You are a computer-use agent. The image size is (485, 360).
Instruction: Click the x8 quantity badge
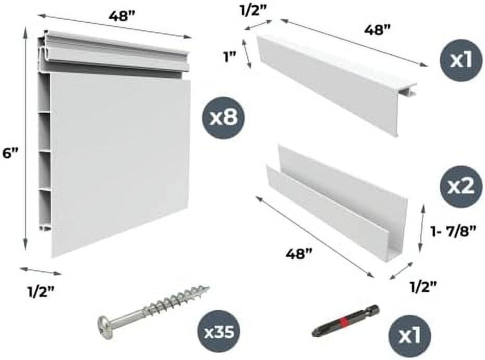click(223, 117)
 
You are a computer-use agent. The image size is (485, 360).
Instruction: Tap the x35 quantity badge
click(220, 333)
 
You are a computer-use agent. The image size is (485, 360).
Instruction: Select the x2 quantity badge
click(461, 187)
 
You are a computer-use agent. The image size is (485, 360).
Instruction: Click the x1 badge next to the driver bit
click(409, 336)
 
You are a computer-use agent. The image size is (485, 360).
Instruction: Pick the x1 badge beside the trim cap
click(461, 60)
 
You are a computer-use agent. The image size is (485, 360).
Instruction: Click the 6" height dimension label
click(10, 154)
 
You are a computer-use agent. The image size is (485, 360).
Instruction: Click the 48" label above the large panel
click(123, 16)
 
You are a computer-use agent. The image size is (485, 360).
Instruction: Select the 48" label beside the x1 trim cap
click(378, 30)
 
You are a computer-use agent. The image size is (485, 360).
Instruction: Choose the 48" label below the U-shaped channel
click(298, 255)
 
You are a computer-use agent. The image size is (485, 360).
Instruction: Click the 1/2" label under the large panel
click(41, 292)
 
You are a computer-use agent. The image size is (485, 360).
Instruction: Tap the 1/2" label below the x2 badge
click(423, 287)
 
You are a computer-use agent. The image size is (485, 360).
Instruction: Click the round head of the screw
click(104, 323)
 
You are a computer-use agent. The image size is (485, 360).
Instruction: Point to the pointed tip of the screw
click(209, 287)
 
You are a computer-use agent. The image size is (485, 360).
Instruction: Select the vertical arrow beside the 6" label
click(26, 140)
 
